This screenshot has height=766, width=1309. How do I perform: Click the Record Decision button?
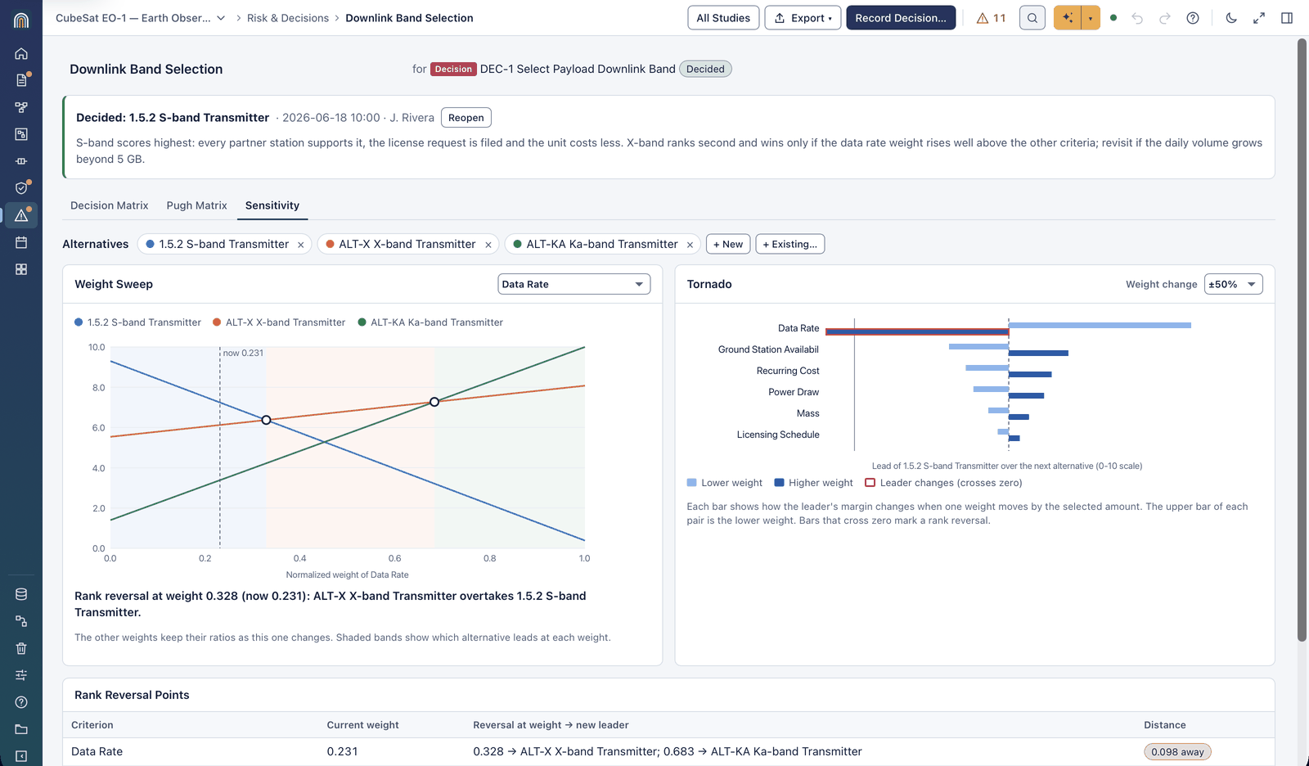(x=901, y=17)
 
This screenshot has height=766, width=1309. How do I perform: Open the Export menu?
(x=803, y=17)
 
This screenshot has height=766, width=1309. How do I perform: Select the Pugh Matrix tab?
(x=196, y=205)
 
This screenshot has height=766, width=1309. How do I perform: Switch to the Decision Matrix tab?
(x=110, y=205)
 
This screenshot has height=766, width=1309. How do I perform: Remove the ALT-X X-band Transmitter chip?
(x=488, y=245)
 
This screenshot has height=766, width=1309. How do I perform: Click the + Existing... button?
(x=789, y=244)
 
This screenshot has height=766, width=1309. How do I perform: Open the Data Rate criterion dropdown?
(x=574, y=284)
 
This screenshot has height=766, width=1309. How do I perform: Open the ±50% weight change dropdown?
(x=1233, y=284)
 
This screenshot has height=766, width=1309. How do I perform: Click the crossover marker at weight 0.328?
(x=266, y=420)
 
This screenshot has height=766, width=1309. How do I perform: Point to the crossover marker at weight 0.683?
(x=434, y=402)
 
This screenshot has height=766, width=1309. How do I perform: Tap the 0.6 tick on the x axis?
(x=394, y=558)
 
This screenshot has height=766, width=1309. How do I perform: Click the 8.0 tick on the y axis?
(x=97, y=387)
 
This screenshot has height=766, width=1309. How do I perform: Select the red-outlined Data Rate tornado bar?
(x=917, y=332)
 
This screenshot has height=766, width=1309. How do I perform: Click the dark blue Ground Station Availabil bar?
(x=1038, y=354)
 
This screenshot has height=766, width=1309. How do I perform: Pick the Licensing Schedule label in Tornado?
(x=778, y=435)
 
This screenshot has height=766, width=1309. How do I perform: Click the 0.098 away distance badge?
(x=1177, y=751)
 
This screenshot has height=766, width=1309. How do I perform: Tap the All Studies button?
(x=723, y=17)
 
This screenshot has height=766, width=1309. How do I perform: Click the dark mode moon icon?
(x=1231, y=17)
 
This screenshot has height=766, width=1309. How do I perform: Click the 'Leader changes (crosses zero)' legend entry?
(x=944, y=482)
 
